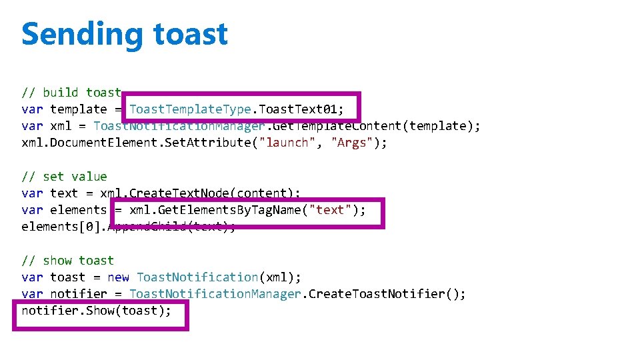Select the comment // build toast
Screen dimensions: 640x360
click(x=71, y=93)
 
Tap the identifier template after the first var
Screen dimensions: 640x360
click(x=79, y=109)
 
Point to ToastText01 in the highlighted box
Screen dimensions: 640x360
click(x=299, y=109)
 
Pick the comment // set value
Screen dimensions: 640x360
click(x=64, y=177)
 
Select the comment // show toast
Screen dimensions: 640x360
click(x=68, y=261)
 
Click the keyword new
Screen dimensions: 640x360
click(x=118, y=277)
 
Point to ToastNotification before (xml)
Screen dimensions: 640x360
click(x=197, y=277)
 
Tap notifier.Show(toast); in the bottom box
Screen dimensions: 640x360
click(x=97, y=311)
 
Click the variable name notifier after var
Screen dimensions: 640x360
click(x=79, y=294)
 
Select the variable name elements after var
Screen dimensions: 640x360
click(x=79, y=210)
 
